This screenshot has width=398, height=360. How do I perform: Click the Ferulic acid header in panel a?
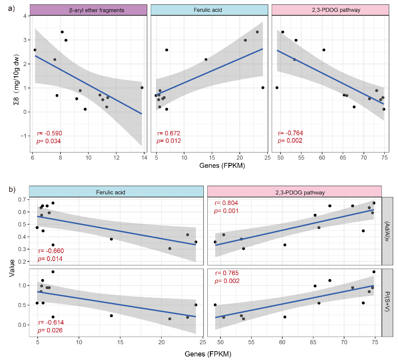[209, 10]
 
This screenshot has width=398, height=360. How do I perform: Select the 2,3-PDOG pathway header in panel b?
[294, 192]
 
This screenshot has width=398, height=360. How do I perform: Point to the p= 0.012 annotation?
[168, 141]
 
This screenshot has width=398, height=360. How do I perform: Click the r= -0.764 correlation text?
[290, 133]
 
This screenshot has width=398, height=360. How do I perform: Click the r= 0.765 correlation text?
[226, 273]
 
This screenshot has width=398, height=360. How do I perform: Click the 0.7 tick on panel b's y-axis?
[22, 200]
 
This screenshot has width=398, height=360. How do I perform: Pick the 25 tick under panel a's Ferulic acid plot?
[267, 158]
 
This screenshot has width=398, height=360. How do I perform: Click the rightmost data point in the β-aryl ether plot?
[142, 88]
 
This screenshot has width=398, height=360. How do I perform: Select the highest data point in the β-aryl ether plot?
[62, 32]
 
